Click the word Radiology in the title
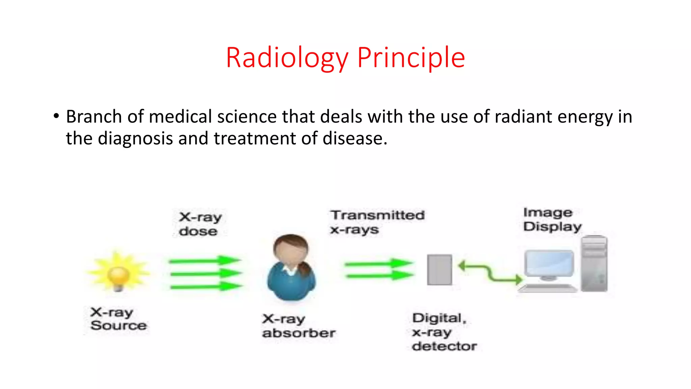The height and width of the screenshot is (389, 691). (287, 58)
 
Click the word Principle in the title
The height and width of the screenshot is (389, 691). (411, 58)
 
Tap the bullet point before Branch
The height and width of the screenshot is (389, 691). (56, 116)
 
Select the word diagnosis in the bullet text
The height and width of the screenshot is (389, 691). (135, 138)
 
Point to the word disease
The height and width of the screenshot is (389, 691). (354, 138)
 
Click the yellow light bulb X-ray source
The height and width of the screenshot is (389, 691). (118, 275)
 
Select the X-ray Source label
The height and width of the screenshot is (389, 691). (118, 319)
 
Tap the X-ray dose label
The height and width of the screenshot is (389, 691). (200, 224)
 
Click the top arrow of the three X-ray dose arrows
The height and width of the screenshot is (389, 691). (205, 260)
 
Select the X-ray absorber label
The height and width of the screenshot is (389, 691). (298, 326)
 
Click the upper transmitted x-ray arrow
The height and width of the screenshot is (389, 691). (378, 264)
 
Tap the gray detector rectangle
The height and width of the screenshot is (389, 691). (439, 270)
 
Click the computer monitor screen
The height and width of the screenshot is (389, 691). (549, 263)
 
